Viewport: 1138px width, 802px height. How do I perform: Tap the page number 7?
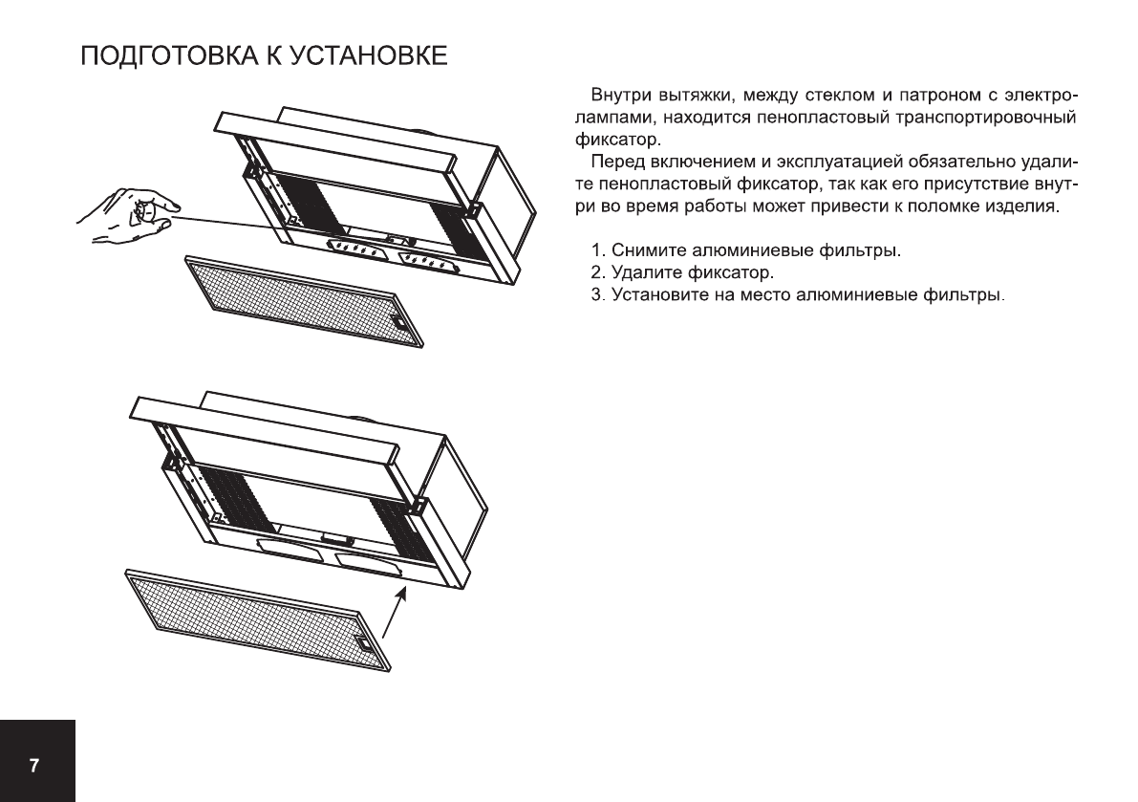click(x=34, y=766)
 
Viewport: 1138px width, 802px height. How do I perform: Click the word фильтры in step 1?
click(x=866, y=252)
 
